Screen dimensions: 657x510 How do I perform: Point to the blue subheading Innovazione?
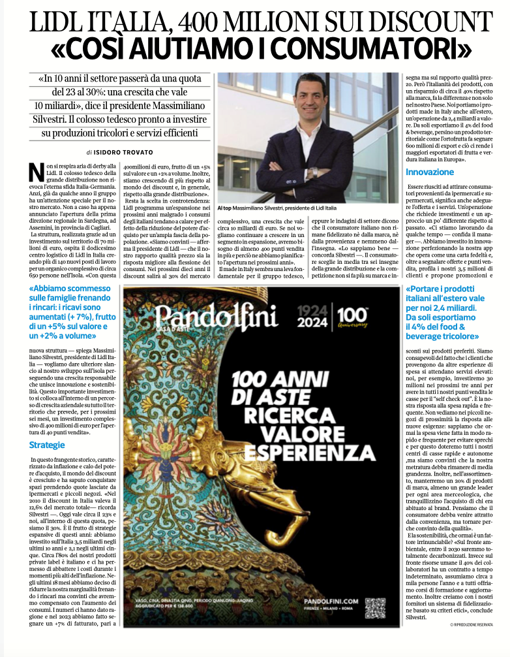429,172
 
